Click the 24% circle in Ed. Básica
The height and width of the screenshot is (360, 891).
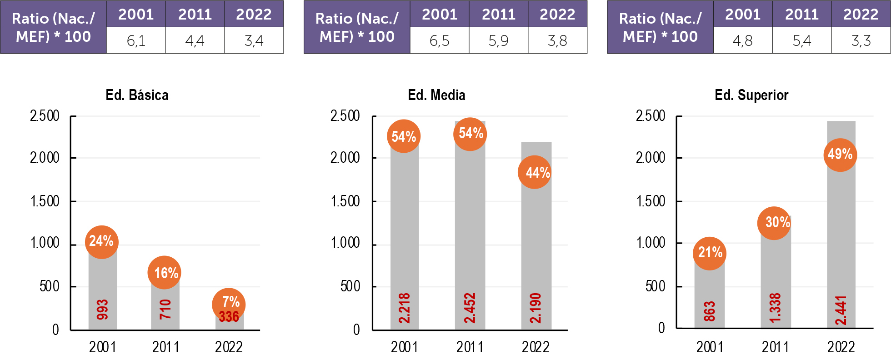pos(102,242)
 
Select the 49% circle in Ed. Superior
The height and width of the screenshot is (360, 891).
pos(840,155)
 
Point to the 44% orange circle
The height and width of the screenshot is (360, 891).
pos(535,172)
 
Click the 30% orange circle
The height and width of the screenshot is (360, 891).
pos(775,223)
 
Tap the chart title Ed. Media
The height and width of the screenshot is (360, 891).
pos(436,95)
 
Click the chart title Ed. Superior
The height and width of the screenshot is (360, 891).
pos(751,95)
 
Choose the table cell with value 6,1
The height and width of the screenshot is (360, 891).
pos(136,41)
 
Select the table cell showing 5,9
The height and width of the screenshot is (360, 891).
pos(498,41)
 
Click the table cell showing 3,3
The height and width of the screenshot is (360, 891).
pos(861,41)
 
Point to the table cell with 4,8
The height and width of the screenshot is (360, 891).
pos(742,41)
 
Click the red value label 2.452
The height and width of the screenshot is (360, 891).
pos(470,308)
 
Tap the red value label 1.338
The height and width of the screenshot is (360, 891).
pos(775,308)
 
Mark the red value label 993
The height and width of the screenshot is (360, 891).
pos(103,309)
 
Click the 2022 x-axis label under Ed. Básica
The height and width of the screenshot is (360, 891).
pos(229,347)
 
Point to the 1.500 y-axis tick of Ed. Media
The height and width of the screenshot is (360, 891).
pos(345,201)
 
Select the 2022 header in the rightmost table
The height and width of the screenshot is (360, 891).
pos(861,15)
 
